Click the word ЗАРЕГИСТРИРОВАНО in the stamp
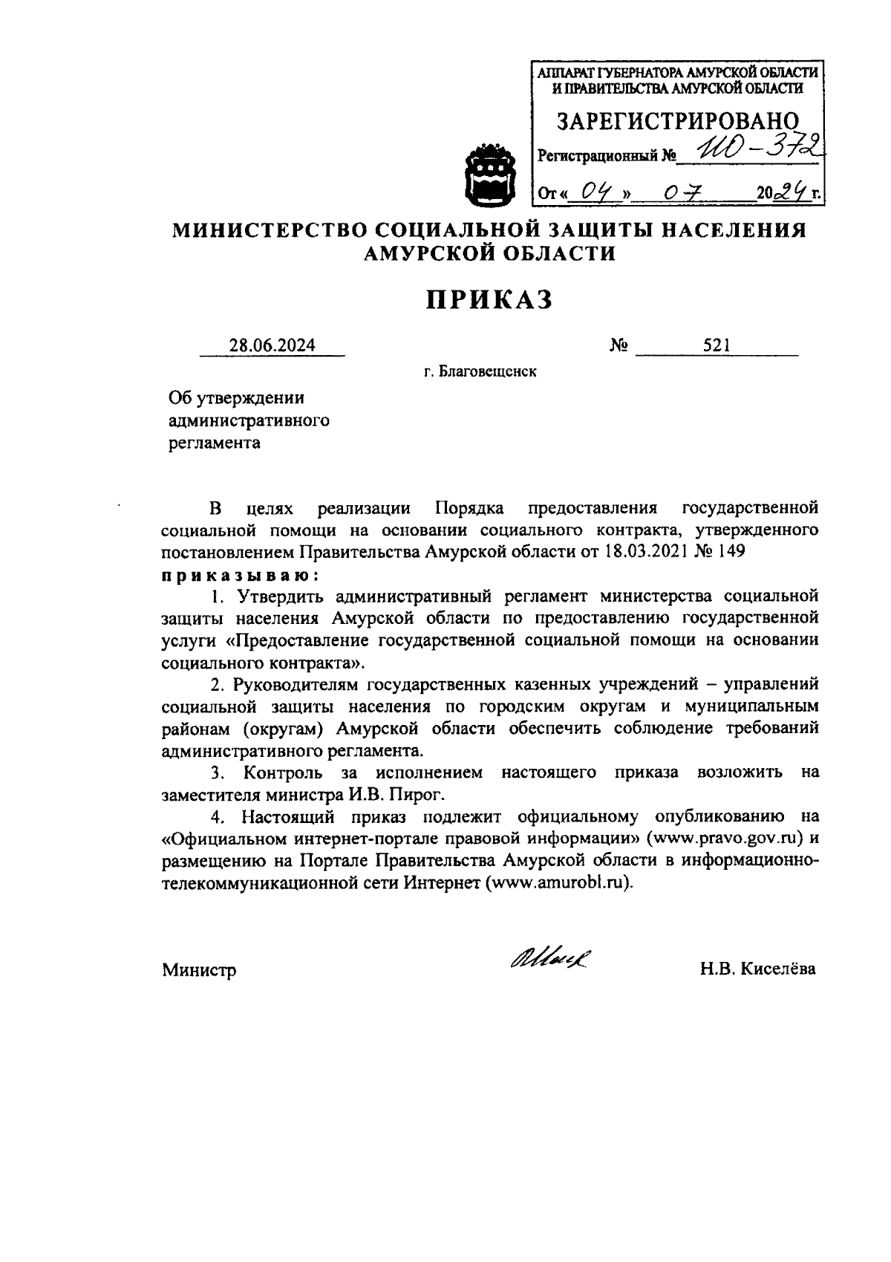coord(678,120)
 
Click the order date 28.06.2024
coord(272,345)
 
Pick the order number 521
coord(717,345)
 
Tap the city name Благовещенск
coord(488,371)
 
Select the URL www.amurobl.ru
coord(560,883)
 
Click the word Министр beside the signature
coord(199,969)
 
